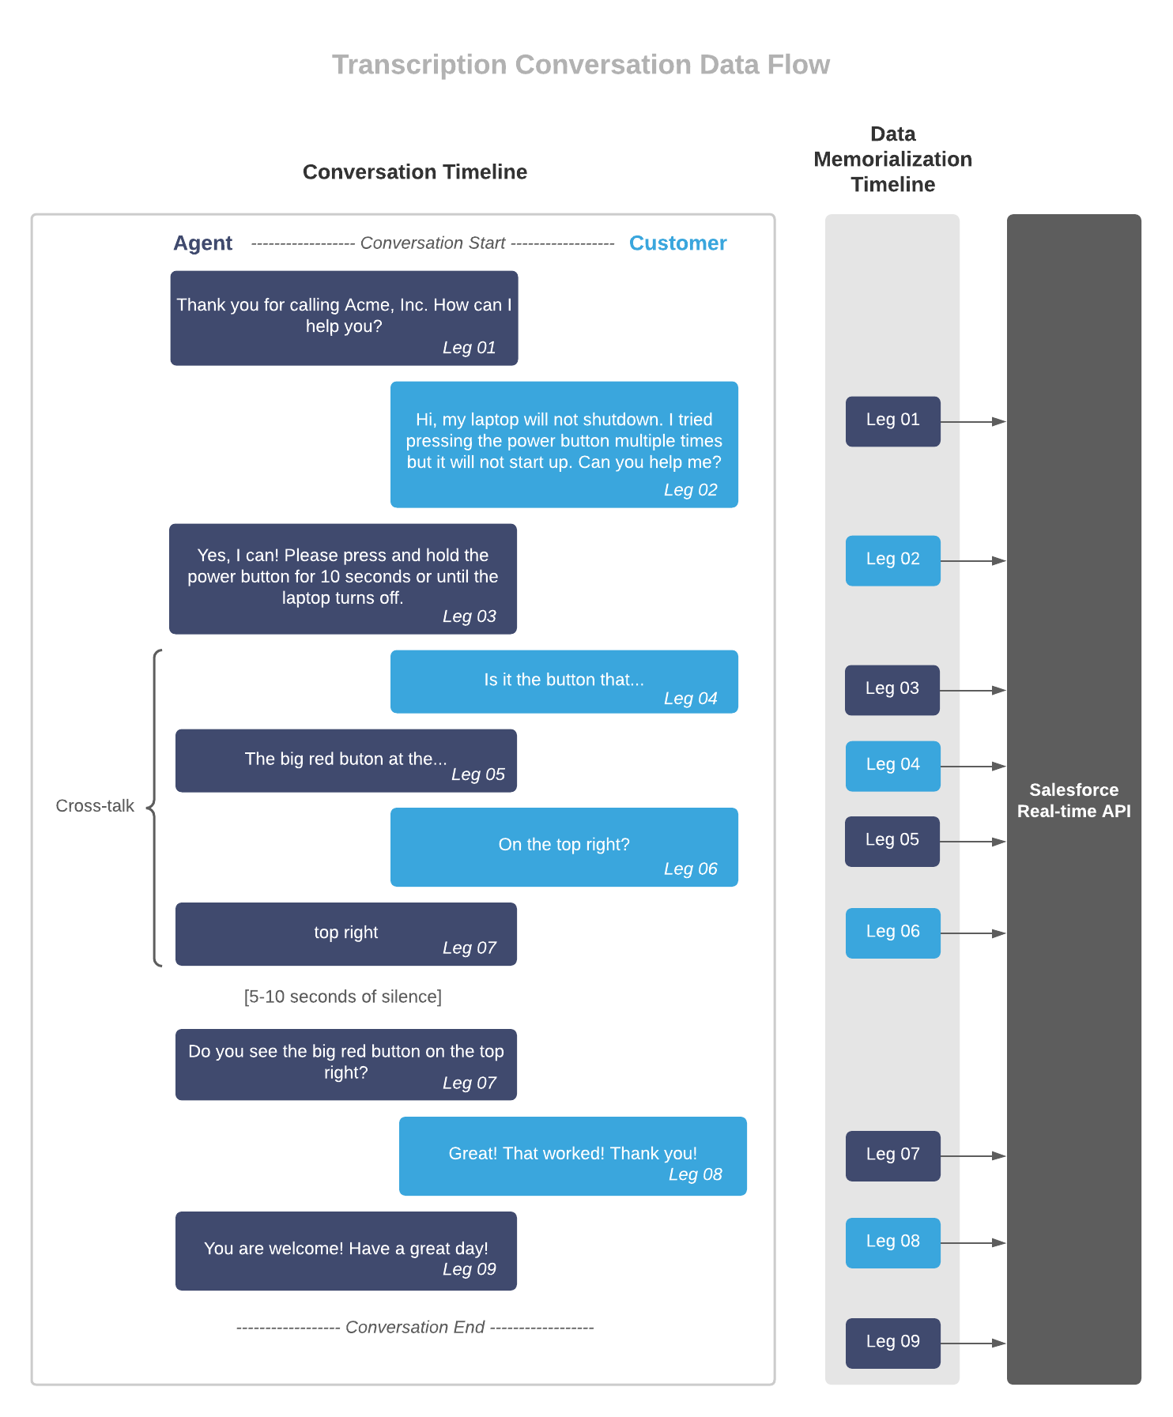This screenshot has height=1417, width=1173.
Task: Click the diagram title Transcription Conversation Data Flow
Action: click(x=580, y=65)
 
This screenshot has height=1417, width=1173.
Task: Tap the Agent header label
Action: click(x=202, y=243)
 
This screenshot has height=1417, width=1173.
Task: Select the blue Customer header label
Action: click(x=677, y=243)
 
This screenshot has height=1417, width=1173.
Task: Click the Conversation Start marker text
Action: click(x=432, y=243)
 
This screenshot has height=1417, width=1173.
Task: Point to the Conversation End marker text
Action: click(x=415, y=1328)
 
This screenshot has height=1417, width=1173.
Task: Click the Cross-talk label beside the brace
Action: click(x=95, y=806)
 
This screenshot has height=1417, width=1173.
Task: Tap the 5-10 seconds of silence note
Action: click(x=342, y=997)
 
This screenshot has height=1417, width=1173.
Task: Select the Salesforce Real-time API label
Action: click(x=1073, y=801)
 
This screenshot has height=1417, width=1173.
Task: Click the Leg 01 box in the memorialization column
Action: click(x=892, y=421)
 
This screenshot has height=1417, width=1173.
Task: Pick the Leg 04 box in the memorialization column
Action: click(x=892, y=766)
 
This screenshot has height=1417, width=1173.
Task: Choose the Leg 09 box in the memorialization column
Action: click(x=892, y=1343)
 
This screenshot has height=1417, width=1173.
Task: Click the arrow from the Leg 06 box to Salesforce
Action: click(x=974, y=933)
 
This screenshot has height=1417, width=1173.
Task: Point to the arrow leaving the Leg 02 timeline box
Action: click(x=974, y=561)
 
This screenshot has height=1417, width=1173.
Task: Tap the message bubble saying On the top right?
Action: click(x=564, y=846)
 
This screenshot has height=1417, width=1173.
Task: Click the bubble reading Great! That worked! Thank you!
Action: click(x=572, y=1155)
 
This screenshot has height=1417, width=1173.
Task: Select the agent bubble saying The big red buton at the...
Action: click(x=345, y=760)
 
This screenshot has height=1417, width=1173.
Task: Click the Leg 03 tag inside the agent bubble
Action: click(x=469, y=616)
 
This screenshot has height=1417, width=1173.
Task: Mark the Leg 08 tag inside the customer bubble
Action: click(x=695, y=1174)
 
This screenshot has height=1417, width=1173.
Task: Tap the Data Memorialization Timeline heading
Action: click(x=892, y=160)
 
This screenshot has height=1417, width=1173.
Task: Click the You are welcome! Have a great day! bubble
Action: click(x=345, y=1250)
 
